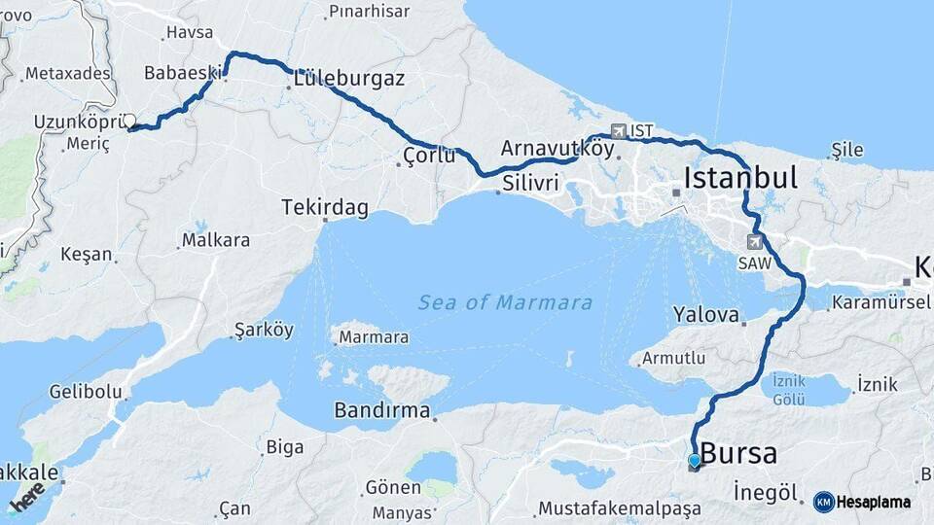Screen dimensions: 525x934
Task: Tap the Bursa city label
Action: tap(738, 453)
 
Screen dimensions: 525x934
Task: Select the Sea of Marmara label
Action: tap(505, 302)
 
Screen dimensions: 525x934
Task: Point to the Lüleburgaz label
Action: tap(345, 79)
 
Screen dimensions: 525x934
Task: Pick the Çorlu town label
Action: tap(429, 155)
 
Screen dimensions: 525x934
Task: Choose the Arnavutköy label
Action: tap(557, 149)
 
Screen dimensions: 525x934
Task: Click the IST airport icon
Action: tap(619, 130)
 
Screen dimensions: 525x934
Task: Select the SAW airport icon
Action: tap(755, 240)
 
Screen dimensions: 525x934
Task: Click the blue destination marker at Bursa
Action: tap(694, 461)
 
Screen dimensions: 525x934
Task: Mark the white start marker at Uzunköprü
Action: tap(129, 121)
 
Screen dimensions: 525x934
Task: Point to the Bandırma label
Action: tap(381, 410)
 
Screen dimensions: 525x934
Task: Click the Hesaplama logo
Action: tap(862, 502)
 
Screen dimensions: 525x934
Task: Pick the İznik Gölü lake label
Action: tap(788, 388)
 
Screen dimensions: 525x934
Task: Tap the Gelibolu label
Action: tap(87, 392)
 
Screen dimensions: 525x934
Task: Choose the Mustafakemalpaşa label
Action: tap(619, 507)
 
